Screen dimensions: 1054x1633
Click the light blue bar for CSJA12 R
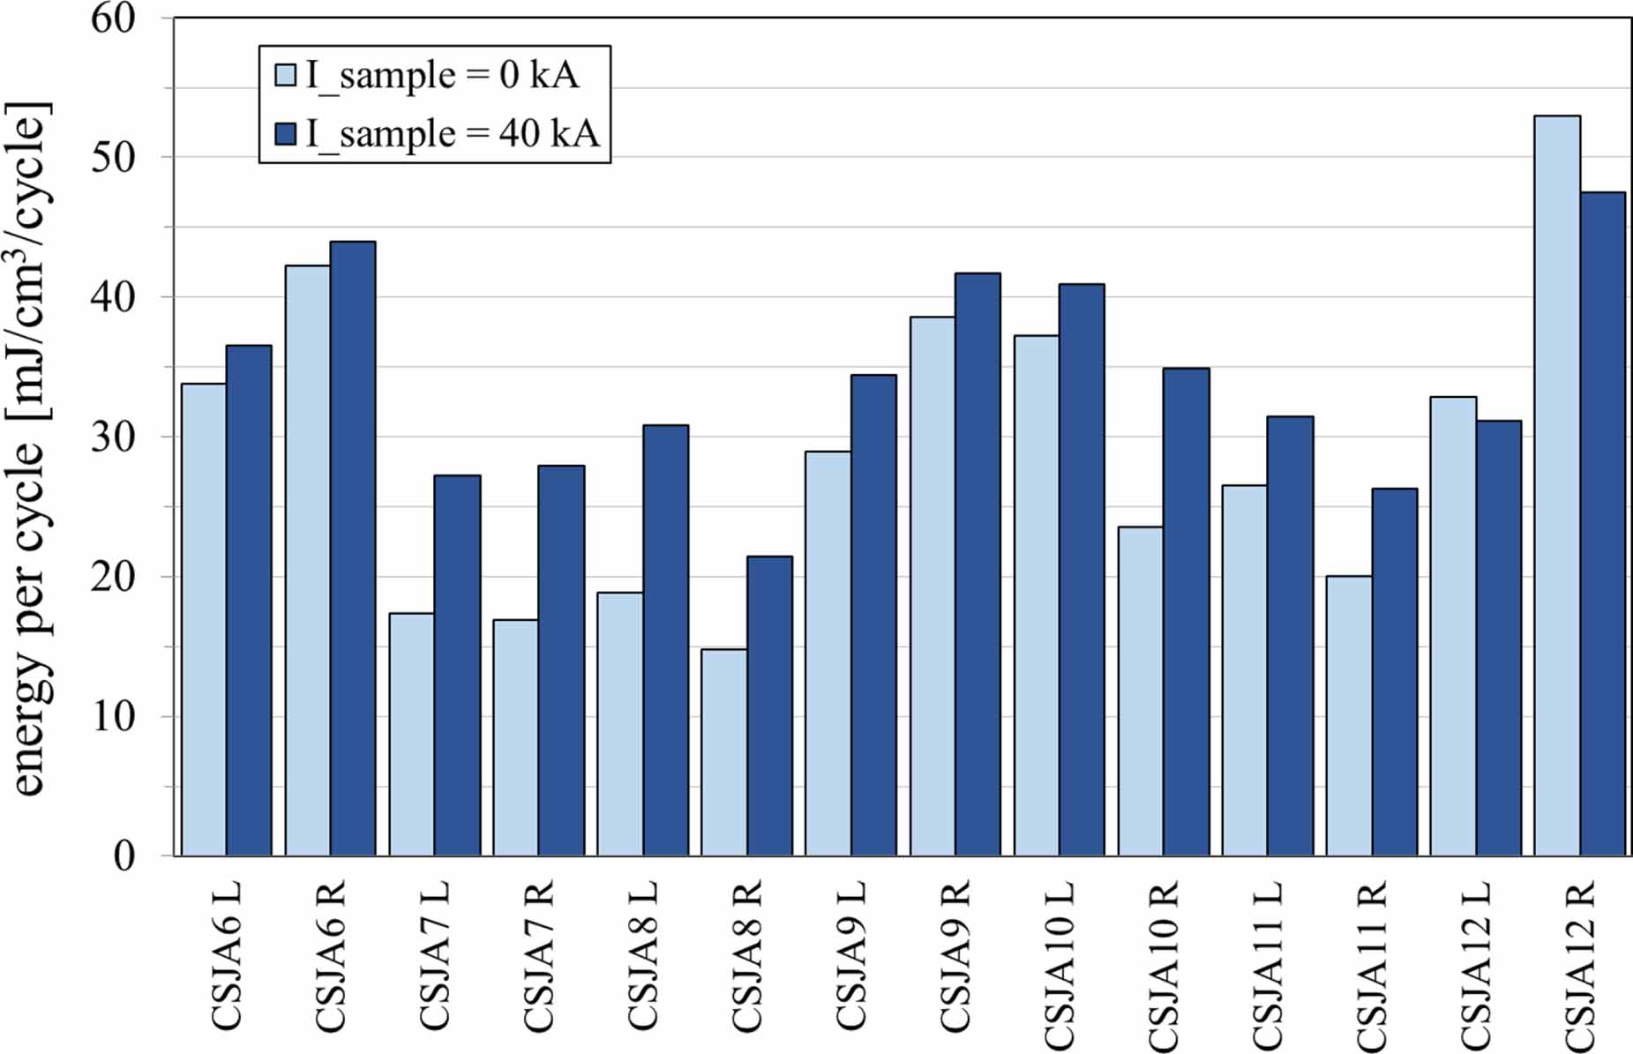(1557, 485)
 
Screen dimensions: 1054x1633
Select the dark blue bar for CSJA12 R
(1602, 524)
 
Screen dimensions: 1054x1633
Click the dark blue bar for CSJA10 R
(1186, 612)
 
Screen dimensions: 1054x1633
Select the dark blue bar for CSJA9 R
(978, 564)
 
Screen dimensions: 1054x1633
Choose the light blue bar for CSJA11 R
(1349, 715)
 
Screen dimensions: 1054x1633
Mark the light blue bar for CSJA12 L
(1453, 626)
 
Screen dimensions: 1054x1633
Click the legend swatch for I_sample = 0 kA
(285, 74)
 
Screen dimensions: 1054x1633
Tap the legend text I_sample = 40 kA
(453, 134)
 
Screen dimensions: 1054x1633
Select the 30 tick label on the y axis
(114, 437)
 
